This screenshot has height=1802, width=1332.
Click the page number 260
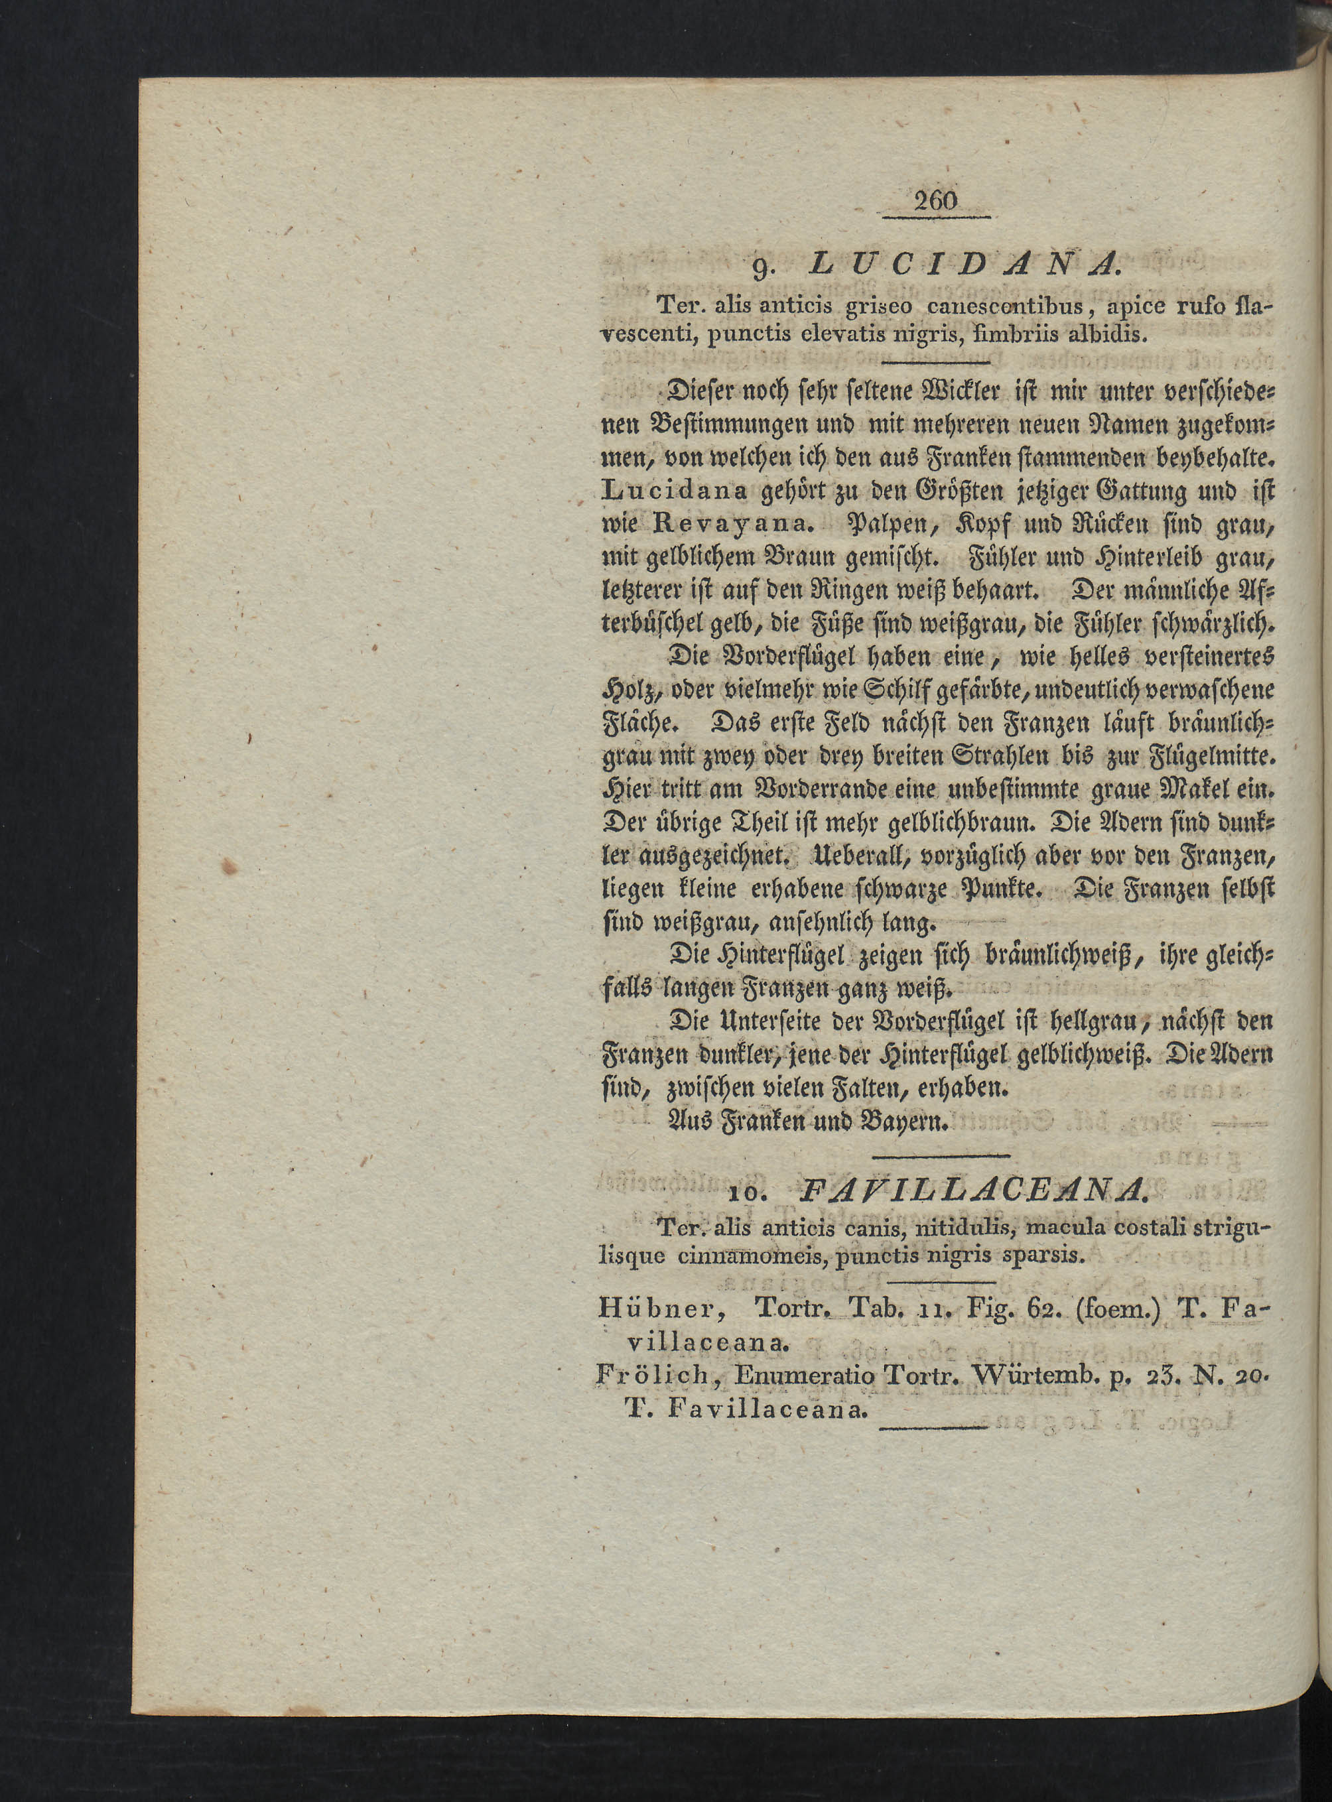click(x=935, y=200)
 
